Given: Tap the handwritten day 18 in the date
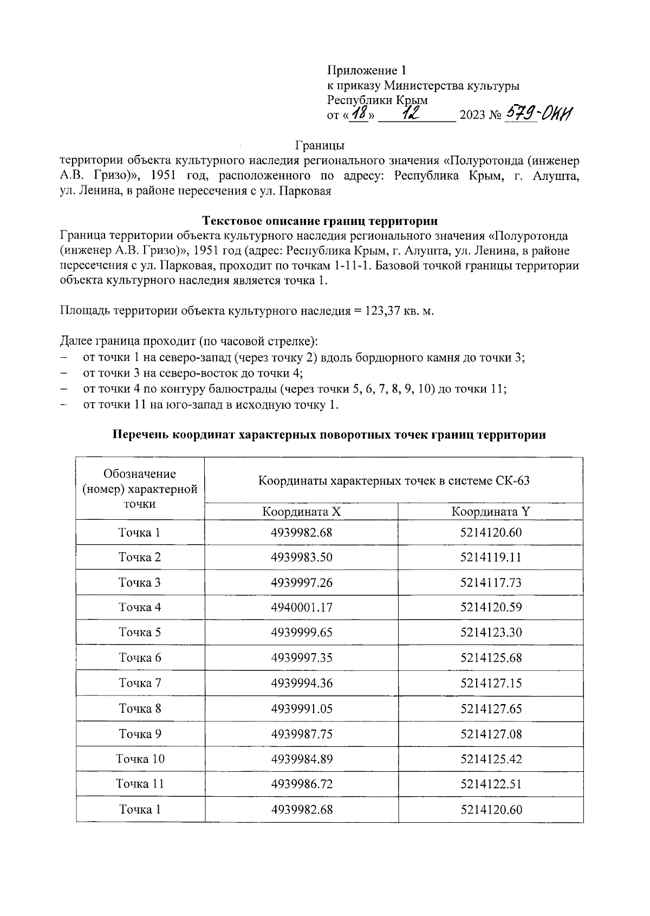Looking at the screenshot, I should [x=359, y=114].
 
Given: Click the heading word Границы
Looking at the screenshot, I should [x=320, y=145].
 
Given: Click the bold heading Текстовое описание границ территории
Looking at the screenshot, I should [x=320, y=221].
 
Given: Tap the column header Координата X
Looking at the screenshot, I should [x=301, y=512].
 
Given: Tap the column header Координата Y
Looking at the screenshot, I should [x=491, y=512].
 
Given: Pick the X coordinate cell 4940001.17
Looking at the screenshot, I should [x=301, y=608].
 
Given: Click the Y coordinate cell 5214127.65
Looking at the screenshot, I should [x=491, y=708].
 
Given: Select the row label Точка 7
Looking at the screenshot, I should [x=140, y=683].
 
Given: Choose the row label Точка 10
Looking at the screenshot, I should [x=140, y=759].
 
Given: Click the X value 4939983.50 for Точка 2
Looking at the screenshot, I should [x=301, y=557].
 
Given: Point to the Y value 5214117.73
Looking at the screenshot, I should [x=491, y=583].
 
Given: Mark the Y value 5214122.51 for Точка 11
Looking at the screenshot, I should [x=491, y=784].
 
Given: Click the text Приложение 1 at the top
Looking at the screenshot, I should [x=366, y=70].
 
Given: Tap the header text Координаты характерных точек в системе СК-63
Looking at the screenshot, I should [x=394, y=481].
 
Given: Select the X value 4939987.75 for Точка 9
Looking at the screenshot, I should [x=301, y=734].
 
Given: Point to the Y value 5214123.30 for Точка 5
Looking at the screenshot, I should [x=491, y=633].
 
